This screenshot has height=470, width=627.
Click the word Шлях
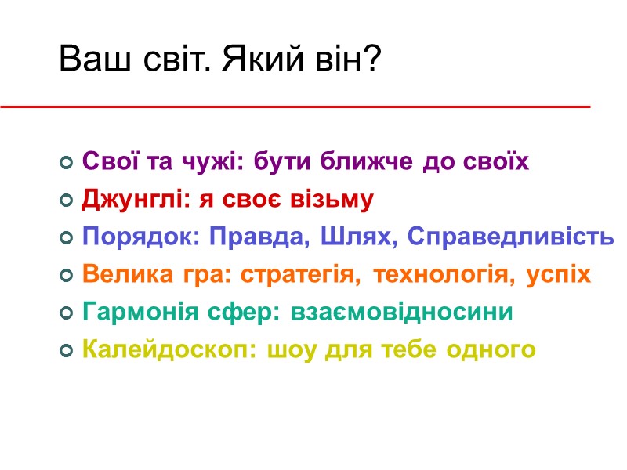pos(365,237)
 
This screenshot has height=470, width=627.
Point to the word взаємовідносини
pos(402,313)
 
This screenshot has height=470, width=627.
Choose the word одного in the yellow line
pos(490,350)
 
